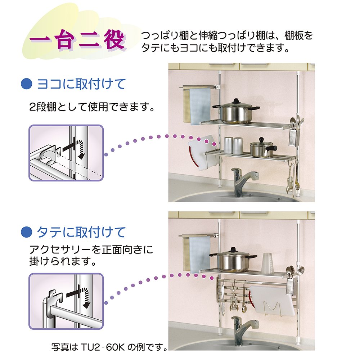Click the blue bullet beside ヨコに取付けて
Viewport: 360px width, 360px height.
(27, 84)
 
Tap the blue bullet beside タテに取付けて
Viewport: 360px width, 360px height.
(27, 232)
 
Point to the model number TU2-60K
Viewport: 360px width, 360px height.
(103, 347)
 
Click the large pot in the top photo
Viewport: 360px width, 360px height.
(235, 112)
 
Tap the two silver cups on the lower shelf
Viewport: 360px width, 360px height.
(233, 145)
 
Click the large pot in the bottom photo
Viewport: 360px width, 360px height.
(233, 260)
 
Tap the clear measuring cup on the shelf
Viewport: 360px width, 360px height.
(268, 263)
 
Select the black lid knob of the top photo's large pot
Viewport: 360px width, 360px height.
(236, 101)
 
